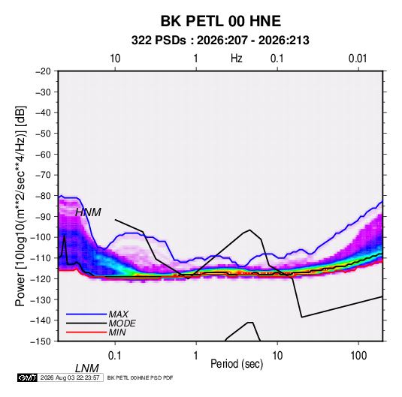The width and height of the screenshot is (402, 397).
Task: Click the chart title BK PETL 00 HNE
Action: click(221, 21)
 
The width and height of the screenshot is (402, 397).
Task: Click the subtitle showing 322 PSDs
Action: click(220, 41)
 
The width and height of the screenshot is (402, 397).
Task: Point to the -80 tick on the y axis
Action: click(43, 196)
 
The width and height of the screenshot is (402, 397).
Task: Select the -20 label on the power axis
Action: click(43, 71)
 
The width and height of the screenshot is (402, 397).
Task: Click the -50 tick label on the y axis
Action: click(43, 133)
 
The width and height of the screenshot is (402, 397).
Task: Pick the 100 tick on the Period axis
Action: click(358, 356)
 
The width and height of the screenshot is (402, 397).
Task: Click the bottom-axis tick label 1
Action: click(196, 356)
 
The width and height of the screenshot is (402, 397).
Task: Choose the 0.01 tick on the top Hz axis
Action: click(358, 59)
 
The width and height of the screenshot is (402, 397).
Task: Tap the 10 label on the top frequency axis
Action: click(115, 59)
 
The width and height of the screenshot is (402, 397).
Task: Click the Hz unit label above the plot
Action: click(237, 59)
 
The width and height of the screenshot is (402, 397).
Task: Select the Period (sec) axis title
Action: click(237, 364)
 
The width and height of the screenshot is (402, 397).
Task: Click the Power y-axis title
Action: click(20, 206)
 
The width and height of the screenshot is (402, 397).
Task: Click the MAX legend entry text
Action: click(118, 314)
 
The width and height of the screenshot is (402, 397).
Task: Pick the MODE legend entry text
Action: click(122, 323)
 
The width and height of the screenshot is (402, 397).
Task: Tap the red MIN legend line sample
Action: click(86, 332)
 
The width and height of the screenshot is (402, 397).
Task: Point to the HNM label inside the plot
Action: click(88, 212)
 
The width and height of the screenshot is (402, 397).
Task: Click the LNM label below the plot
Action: click(87, 368)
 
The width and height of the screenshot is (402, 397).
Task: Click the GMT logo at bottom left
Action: click(27, 377)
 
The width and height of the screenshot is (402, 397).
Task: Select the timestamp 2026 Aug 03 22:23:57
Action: click(70, 377)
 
